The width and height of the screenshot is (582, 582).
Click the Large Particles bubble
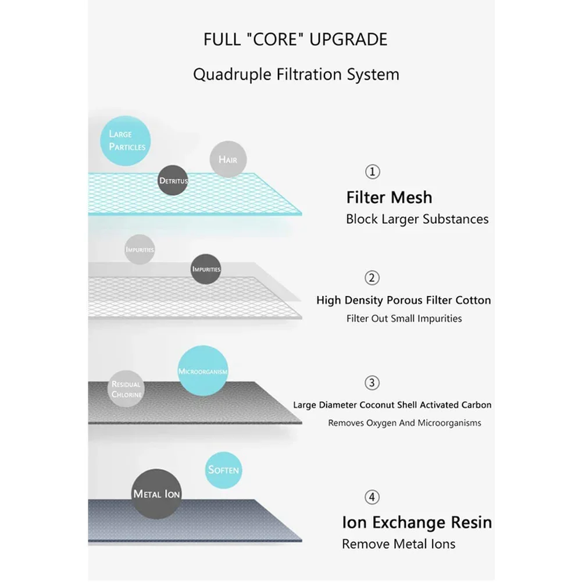pyautogui.click(x=127, y=141)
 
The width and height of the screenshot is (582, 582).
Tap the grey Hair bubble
pyautogui.click(x=227, y=159)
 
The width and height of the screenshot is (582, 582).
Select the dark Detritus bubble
pyautogui.click(x=173, y=181)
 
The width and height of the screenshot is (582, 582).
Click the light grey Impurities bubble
pyautogui.click(x=140, y=250)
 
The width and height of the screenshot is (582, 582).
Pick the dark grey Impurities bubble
pyautogui.click(x=206, y=269)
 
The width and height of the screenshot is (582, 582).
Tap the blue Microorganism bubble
pyautogui.click(x=202, y=371)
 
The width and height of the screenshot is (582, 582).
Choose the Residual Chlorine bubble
pyautogui.click(x=126, y=388)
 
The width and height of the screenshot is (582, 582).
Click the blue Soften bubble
pyautogui.click(x=223, y=469)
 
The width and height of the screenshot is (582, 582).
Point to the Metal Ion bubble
pyautogui.click(x=156, y=494)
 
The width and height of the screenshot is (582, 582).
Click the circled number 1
pyautogui.click(x=373, y=172)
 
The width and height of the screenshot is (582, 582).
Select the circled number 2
pyautogui.click(x=373, y=277)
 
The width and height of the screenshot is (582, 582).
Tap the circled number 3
pyautogui.click(x=373, y=383)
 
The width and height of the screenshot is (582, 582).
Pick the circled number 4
pyautogui.click(x=373, y=497)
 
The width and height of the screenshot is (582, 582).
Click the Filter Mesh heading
pyautogui.click(x=389, y=198)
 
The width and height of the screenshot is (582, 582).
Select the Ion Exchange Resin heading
pyautogui.click(x=416, y=522)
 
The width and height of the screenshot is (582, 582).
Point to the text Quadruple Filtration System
pyautogui.click(x=296, y=74)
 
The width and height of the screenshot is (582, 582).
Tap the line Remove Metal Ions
pyautogui.click(x=398, y=544)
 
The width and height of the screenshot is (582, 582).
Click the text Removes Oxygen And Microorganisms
pyautogui.click(x=404, y=423)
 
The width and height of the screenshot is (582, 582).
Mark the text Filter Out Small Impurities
pyautogui.click(x=404, y=319)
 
